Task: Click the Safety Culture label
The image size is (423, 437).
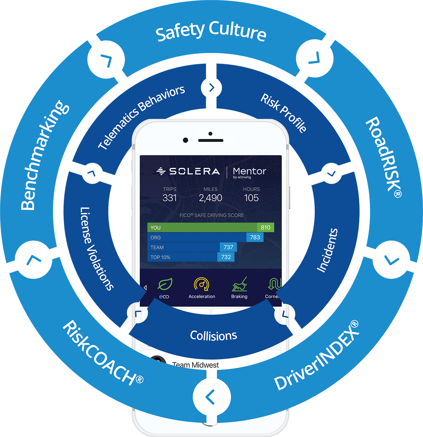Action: tap(211, 31)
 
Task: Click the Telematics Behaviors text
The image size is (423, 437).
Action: tap(141, 117)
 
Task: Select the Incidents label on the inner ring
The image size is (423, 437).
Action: tap(327, 250)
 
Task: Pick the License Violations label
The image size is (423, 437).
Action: tap(96, 248)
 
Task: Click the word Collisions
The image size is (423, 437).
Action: tap(214, 335)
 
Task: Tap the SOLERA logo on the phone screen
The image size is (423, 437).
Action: tap(188, 171)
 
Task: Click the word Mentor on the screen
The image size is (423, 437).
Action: tap(249, 171)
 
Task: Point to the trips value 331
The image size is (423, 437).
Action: tap(170, 198)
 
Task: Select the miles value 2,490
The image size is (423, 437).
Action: tap(210, 198)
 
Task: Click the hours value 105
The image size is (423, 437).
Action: tap(251, 198)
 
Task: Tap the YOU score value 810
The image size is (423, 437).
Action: tap(265, 228)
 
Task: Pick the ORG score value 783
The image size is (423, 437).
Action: tap(255, 237)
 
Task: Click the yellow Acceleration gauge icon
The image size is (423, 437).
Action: tap(201, 284)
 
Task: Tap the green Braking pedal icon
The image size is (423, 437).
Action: tap(239, 284)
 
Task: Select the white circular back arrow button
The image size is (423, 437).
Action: tap(211, 397)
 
